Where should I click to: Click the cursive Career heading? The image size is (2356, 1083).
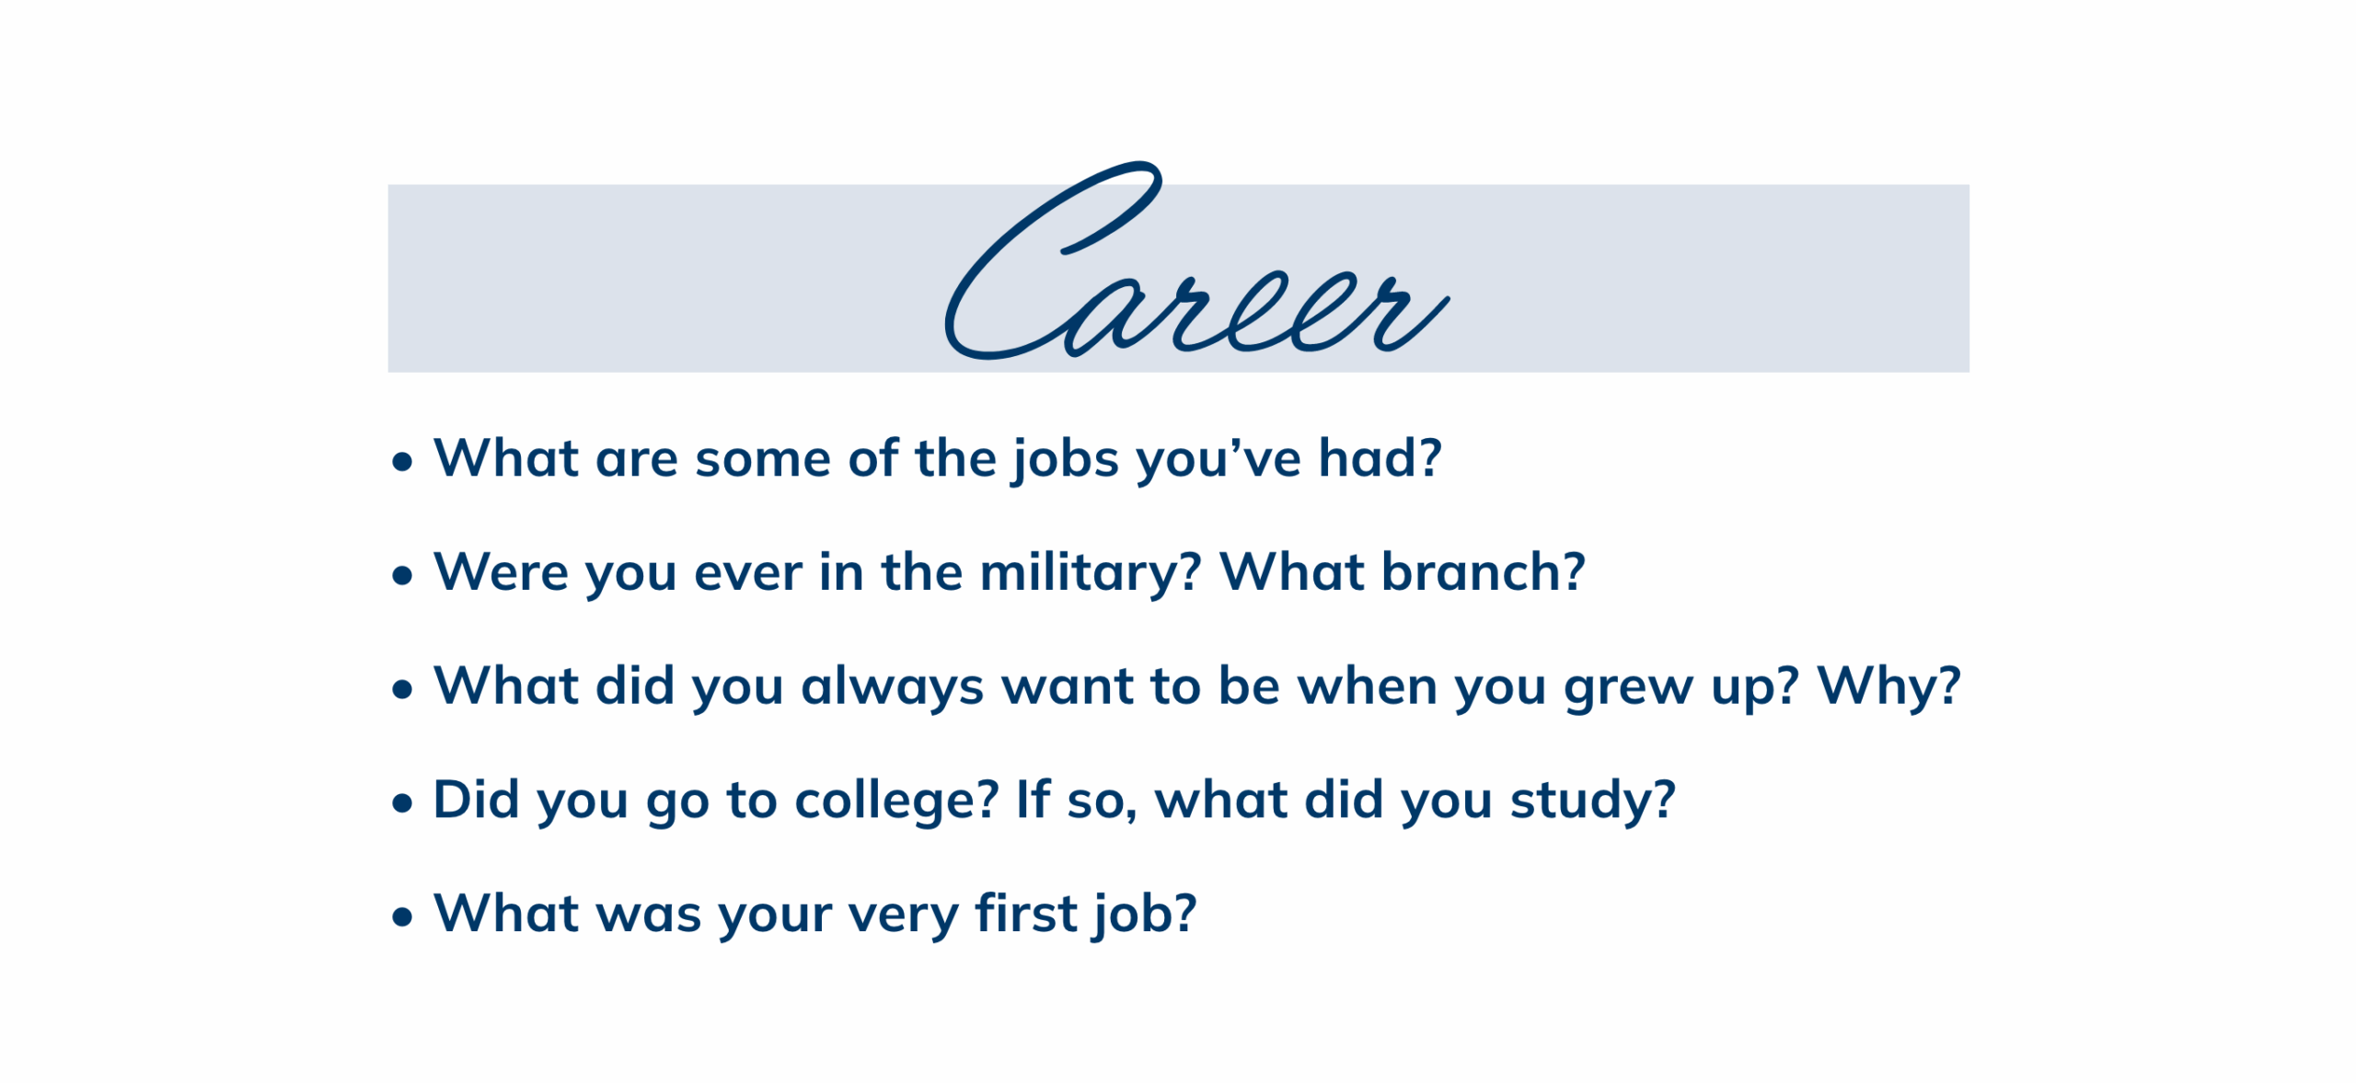(x=1196, y=262)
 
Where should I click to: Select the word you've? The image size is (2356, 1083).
(x=1219, y=460)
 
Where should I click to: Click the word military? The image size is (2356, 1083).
(x=1091, y=574)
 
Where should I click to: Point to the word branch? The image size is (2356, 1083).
(x=1483, y=572)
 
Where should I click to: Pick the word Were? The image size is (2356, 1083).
(x=501, y=572)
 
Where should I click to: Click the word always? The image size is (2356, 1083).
(x=892, y=688)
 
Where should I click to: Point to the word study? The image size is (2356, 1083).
(x=1593, y=801)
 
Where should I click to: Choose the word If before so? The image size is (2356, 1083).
(x=1033, y=800)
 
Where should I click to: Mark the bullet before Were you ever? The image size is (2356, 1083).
(x=402, y=576)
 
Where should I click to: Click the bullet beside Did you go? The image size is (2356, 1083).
(x=402, y=803)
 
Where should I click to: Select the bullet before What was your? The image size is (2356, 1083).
(x=402, y=917)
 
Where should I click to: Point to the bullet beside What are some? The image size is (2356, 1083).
(x=402, y=462)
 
